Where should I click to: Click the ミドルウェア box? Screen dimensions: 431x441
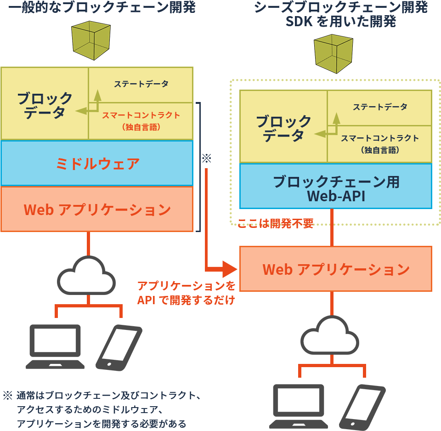97,163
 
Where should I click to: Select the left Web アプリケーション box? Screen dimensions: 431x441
97,210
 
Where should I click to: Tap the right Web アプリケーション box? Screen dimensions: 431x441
335,269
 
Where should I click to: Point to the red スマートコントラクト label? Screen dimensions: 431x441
141,115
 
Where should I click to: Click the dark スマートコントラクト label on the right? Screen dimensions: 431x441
379,138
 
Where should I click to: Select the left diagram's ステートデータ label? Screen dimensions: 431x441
141,84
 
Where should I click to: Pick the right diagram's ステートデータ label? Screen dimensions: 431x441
379,107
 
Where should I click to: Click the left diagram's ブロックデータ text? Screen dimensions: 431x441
45,105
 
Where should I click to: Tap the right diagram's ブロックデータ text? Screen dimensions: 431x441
283,128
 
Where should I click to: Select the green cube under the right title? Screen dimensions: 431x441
334,55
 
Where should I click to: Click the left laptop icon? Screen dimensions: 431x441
55,346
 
